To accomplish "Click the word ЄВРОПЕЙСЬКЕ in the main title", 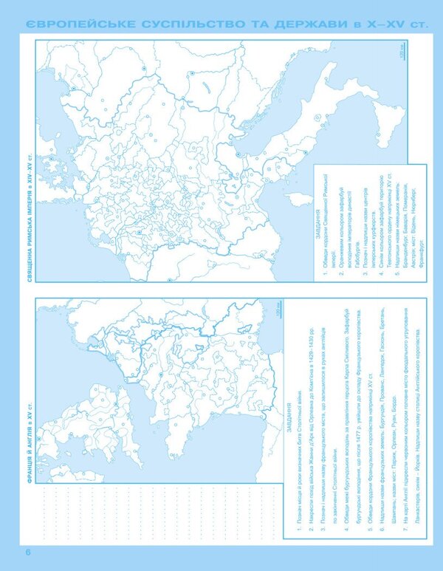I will (x=78, y=25).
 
